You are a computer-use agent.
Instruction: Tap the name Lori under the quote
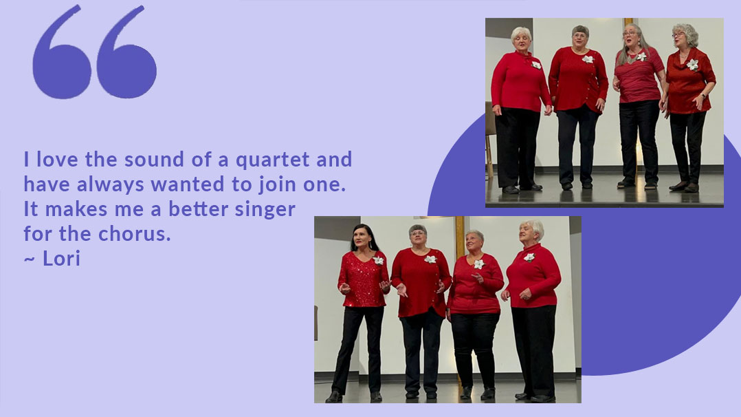click(62, 259)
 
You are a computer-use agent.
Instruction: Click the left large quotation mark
click(61, 53)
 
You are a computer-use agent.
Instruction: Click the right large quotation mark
click(126, 53)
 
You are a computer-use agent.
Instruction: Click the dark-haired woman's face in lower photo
click(363, 239)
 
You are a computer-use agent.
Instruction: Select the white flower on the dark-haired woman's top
click(378, 260)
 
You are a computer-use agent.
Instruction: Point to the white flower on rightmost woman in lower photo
click(529, 257)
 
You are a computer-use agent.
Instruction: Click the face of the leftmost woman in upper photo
click(520, 39)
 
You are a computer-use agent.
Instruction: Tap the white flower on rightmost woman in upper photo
click(692, 64)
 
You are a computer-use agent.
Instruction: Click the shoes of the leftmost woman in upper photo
click(520, 188)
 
